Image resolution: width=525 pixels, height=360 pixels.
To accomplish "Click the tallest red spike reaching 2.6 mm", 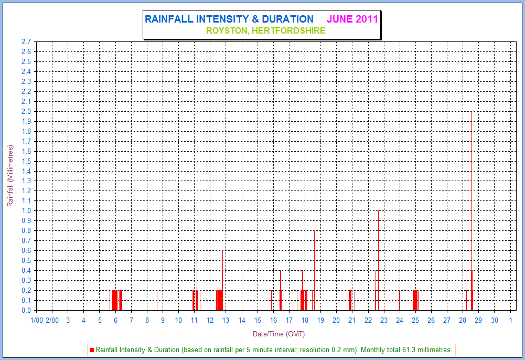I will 316,157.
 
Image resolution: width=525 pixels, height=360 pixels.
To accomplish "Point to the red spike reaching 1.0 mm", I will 378,252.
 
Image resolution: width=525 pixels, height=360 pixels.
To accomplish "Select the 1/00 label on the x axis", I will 37,320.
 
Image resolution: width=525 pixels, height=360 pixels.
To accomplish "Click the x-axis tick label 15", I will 258,320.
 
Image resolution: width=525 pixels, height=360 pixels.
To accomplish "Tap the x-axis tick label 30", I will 495,320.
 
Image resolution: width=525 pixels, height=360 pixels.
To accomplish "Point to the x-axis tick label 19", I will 320,320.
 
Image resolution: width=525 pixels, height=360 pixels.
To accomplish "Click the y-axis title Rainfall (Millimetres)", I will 10,176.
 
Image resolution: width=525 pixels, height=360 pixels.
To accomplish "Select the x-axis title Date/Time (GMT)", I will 278,334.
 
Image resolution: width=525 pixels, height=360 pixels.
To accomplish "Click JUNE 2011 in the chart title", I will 352,19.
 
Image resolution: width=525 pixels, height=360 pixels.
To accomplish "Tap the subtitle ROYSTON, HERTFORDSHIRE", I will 265,30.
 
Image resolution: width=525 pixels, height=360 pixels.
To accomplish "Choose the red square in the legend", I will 92,350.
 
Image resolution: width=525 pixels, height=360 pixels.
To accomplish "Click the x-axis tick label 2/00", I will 52,320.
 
